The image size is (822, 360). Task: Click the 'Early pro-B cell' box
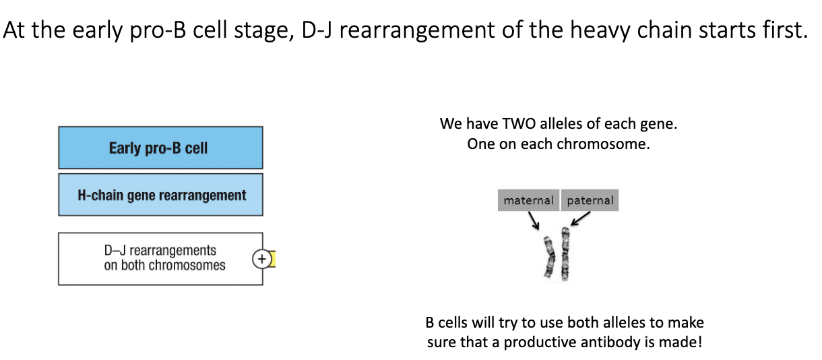pyautogui.click(x=160, y=148)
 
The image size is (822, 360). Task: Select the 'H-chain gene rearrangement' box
pyautogui.click(x=160, y=195)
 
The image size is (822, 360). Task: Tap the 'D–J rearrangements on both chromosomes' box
pyautogui.click(x=160, y=258)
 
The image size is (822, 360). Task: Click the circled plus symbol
pyautogui.click(x=261, y=259)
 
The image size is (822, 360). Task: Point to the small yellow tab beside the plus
pyautogui.click(x=274, y=259)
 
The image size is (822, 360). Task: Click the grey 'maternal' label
pyautogui.click(x=528, y=200)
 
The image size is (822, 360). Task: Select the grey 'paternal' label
pyautogui.click(x=590, y=200)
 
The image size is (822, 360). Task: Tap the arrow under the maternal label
pyautogui.click(x=533, y=220)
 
